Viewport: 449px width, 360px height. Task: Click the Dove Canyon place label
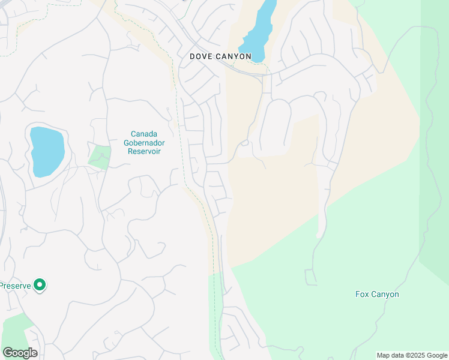[220, 56]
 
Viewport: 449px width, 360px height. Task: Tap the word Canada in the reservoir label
[146, 134]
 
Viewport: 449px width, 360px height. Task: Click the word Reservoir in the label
[146, 151]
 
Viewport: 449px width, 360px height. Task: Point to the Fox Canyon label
[377, 294]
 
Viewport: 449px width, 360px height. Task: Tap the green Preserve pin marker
[40, 285]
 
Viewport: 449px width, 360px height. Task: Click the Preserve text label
[14, 286]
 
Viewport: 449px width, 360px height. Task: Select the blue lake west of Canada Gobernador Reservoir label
[46, 151]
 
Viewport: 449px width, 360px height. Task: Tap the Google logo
[20, 353]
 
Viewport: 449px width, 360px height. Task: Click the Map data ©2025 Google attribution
[412, 355]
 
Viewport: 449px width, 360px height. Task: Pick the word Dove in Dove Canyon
[201, 56]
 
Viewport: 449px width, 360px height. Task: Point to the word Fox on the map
[362, 294]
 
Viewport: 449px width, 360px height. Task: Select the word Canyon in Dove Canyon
[234, 56]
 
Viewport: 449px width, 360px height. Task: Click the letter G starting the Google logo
[8, 353]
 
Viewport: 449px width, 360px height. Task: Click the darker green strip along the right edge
[435, 150]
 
